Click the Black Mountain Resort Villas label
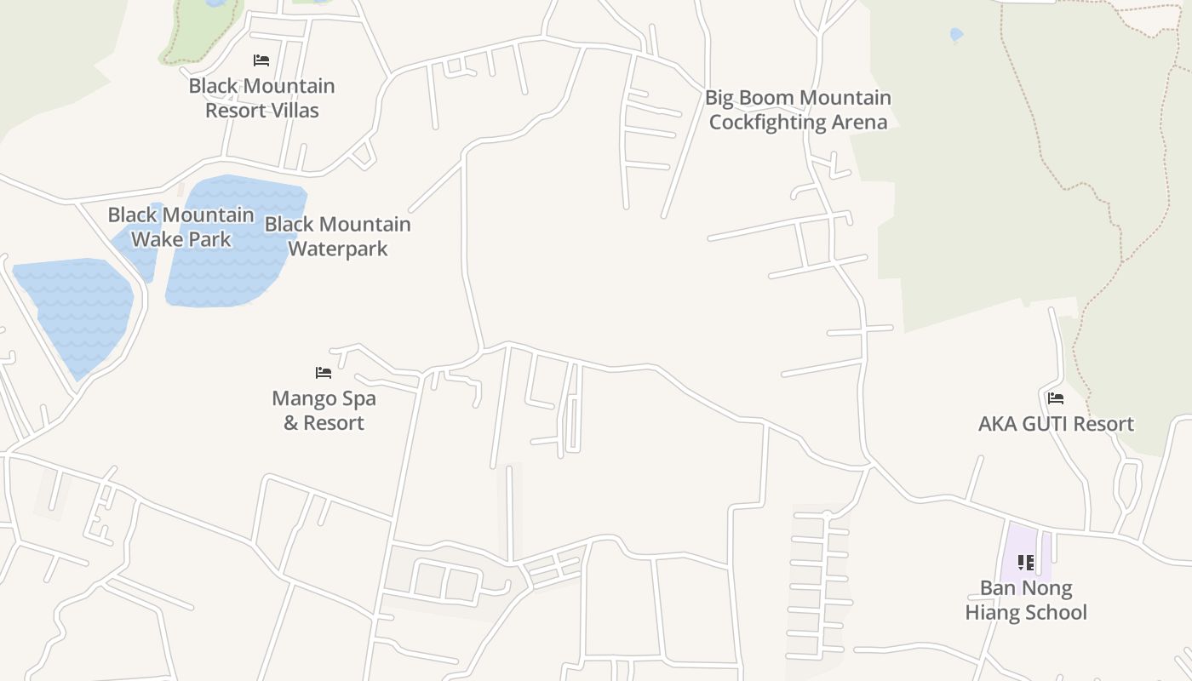[x=261, y=98]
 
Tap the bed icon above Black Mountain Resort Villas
[x=261, y=60]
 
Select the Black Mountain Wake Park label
[x=181, y=227]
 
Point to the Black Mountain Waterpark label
[x=338, y=237]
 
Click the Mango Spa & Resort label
[x=324, y=410]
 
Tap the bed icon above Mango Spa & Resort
[x=324, y=373]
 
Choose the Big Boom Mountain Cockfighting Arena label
[x=798, y=110]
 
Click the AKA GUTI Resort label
[x=1056, y=424]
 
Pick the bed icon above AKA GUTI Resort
[x=1056, y=398]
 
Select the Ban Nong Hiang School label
[x=1026, y=600]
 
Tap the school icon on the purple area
[x=1026, y=563]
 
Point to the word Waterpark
[x=338, y=249]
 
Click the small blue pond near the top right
[x=956, y=35]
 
